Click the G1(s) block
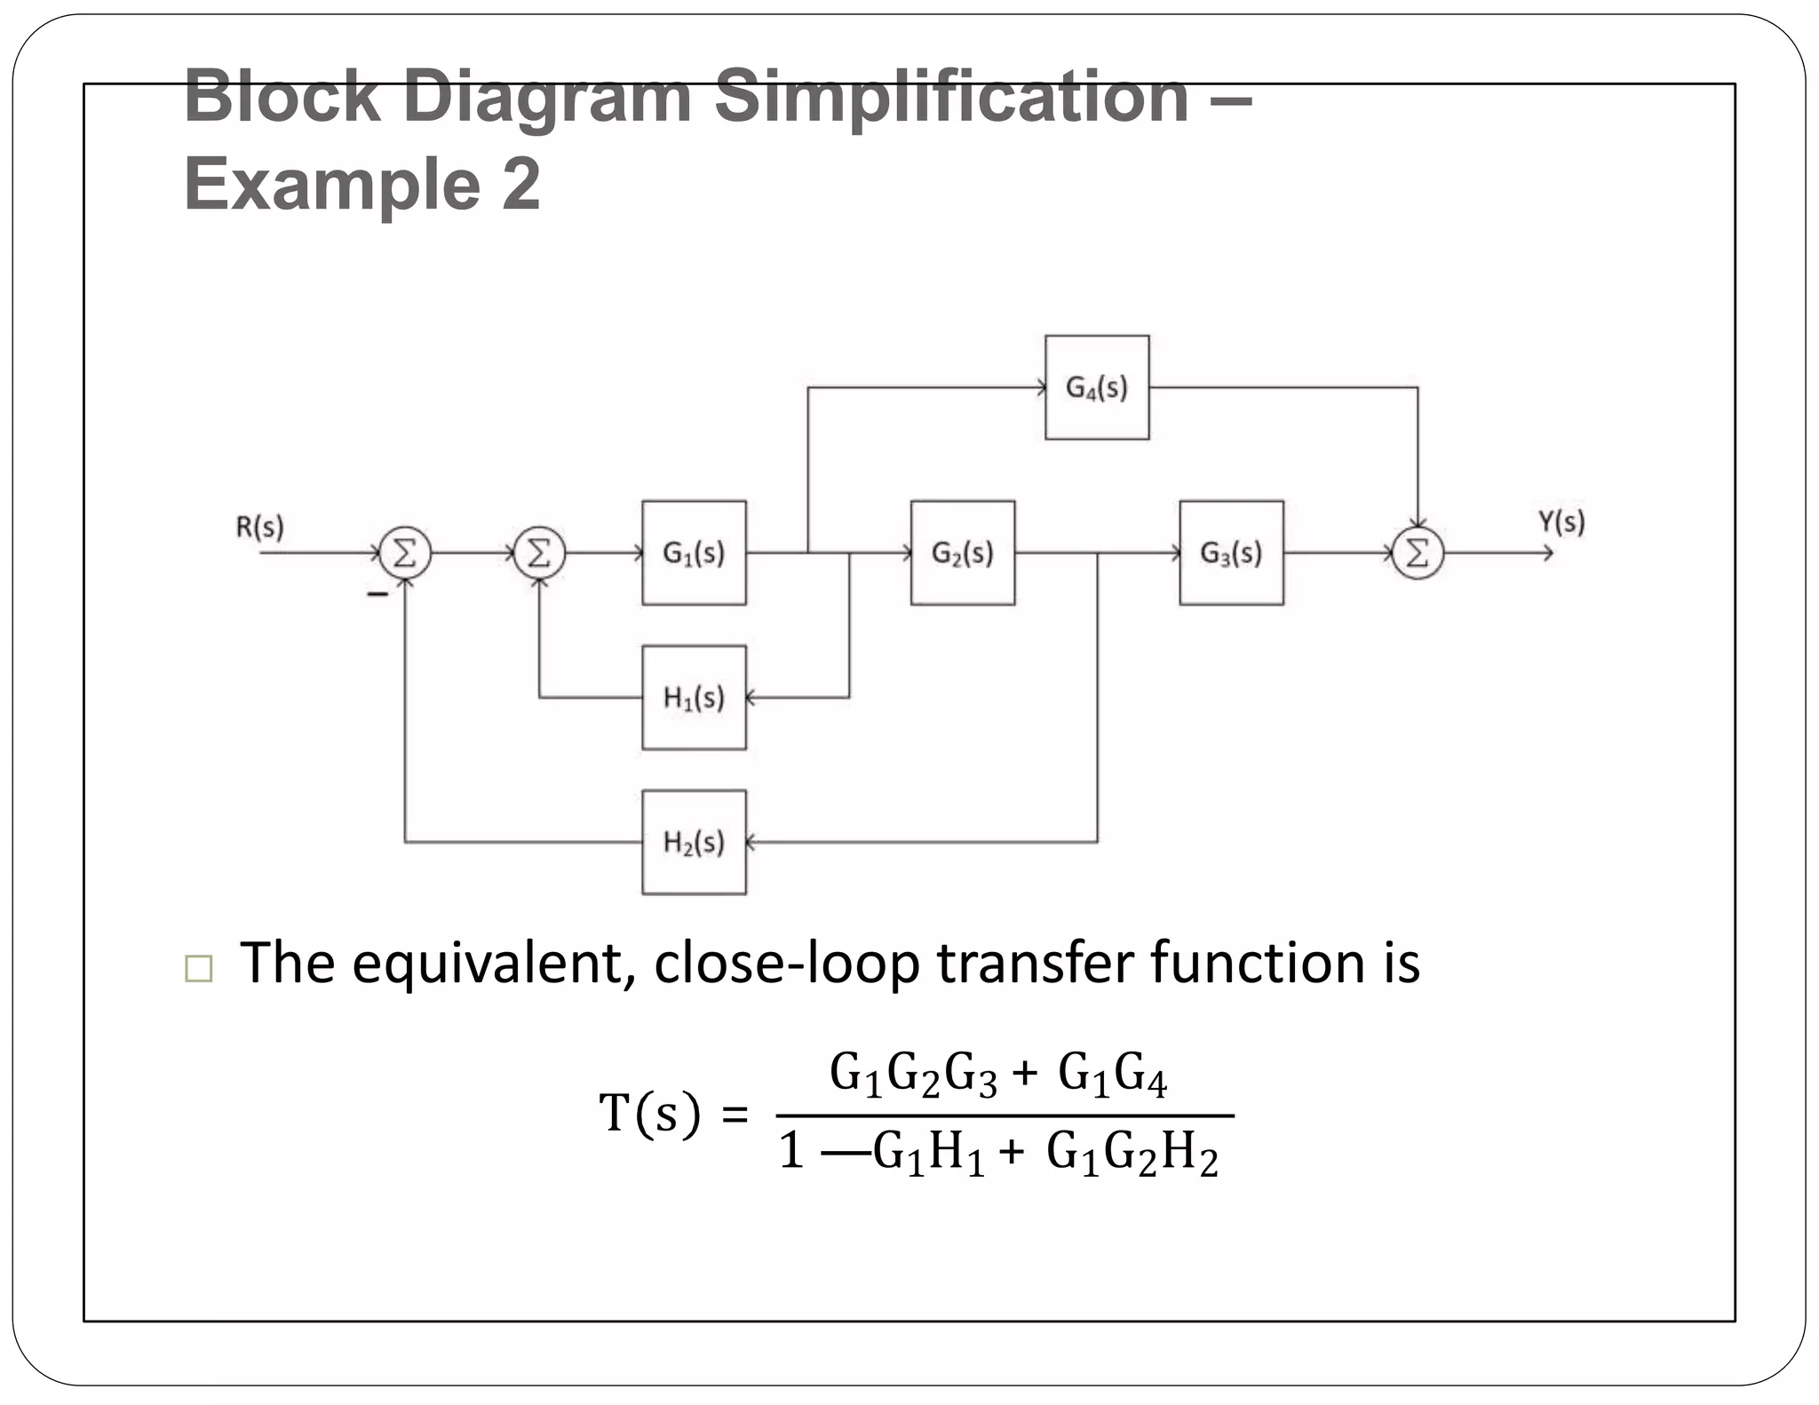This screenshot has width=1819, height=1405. pyautogui.click(x=694, y=552)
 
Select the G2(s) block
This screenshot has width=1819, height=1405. pyautogui.click(x=962, y=552)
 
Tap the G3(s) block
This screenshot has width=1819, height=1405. pyautogui.click(x=1231, y=552)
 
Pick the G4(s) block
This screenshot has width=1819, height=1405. pyautogui.click(x=1097, y=387)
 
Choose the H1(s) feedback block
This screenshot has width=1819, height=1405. pyautogui.click(x=694, y=697)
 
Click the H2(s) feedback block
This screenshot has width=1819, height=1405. pyautogui.click(x=694, y=842)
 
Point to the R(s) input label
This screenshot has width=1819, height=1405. pyautogui.click(x=259, y=527)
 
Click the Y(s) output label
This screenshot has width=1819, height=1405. pyautogui.click(x=1561, y=521)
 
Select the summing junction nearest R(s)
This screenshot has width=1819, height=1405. pyautogui.click(x=405, y=553)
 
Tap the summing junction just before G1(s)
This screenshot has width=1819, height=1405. pyautogui.click(x=539, y=553)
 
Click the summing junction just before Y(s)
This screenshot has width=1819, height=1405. pyautogui.click(x=1418, y=553)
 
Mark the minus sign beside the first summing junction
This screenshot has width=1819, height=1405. pyautogui.click(x=377, y=593)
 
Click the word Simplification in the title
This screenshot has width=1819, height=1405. pyautogui.click(x=951, y=97)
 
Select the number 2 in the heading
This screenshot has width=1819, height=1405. pyautogui.click(x=520, y=184)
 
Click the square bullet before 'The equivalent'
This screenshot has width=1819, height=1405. pyautogui.click(x=199, y=968)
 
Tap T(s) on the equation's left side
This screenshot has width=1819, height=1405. pyautogui.click(x=649, y=1114)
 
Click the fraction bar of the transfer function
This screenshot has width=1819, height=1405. pyautogui.click(x=1005, y=1115)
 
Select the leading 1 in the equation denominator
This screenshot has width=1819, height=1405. pyautogui.click(x=791, y=1153)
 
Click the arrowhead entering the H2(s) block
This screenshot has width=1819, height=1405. pyautogui.click(x=751, y=842)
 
